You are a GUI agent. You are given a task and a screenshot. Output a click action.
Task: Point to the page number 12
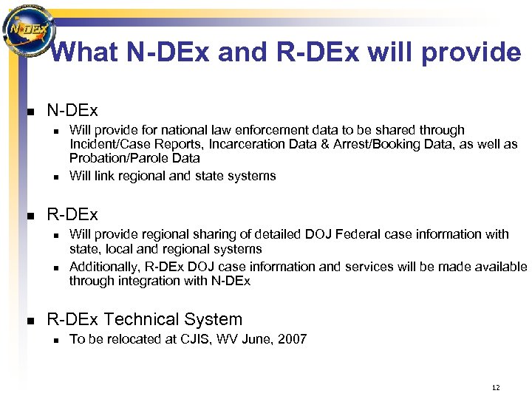pyautogui.click(x=495, y=387)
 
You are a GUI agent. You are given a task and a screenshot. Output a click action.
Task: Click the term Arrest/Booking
pyautogui.click(x=370, y=144)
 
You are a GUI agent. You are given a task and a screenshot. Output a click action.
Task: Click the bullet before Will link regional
pyautogui.click(x=54, y=177)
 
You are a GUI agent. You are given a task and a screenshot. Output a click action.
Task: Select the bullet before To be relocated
pyautogui.click(x=54, y=340)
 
